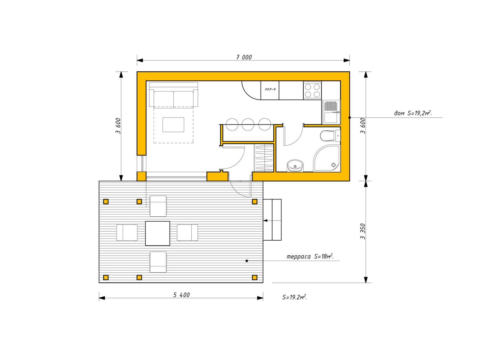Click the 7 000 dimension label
[x=244, y=57]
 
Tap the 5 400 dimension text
[x=181, y=295]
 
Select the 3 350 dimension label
[x=363, y=231]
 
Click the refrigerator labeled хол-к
[x=270, y=90]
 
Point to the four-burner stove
[x=312, y=90]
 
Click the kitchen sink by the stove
[x=331, y=112]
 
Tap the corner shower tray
[x=327, y=158]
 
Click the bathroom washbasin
[x=295, y=165]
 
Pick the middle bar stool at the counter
[x=248, y=124]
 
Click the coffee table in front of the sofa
[x=173, y=124]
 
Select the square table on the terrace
[x=157, y=233]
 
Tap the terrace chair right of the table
[x=187, y=232]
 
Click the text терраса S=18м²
[x=310, y=256]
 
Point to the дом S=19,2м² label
[x=413, y=113]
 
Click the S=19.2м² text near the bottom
[x=295, y=297]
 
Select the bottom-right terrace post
[x=254, y=277]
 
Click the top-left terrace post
[x=106, y=201]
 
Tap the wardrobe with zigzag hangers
[x=264, y=157]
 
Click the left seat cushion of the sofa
[x=164, y=100]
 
